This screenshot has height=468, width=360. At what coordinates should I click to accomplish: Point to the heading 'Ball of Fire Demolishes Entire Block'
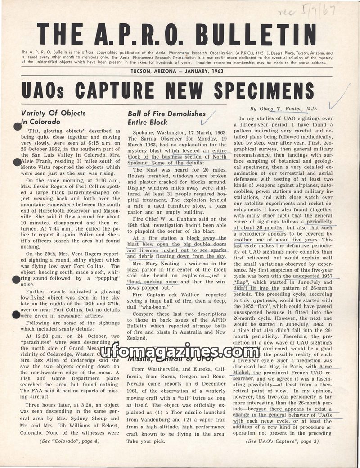[166, 118]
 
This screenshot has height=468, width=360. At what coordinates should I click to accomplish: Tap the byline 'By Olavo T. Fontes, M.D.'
[284, 109]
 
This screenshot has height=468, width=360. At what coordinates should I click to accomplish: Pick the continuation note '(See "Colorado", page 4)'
[70, 441]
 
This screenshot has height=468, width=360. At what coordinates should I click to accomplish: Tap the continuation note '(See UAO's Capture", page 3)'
[283, 441]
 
